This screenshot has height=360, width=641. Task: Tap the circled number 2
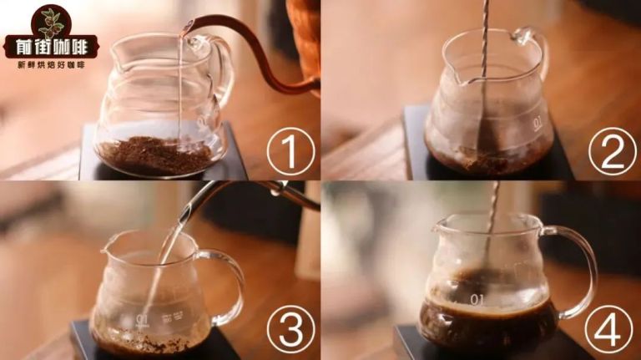[612, 151]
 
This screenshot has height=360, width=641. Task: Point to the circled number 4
[608, 329]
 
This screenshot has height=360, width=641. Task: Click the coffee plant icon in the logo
[51, 23]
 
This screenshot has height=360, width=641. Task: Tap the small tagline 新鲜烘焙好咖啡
[51, 64]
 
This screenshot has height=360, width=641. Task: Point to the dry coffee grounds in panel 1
[155, 155]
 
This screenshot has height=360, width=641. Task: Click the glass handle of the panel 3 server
[236, 286]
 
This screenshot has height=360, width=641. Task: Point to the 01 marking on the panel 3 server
[143, 318]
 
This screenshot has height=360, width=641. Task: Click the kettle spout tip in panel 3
[186, 213]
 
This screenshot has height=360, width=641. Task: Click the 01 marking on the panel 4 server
[477, 300]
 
